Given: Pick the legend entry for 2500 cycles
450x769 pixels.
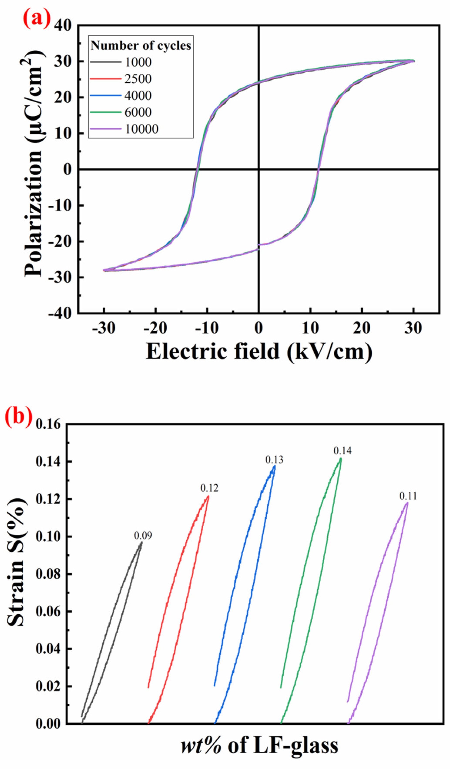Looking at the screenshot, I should pos(138,79).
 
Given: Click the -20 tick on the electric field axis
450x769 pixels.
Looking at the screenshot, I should pos(156,328).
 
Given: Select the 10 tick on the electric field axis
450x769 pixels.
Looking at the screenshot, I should pos(310,328).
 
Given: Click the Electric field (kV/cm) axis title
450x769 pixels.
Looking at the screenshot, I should pos(259,352).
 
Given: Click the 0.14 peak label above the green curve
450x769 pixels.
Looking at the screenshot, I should pos(343,451).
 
